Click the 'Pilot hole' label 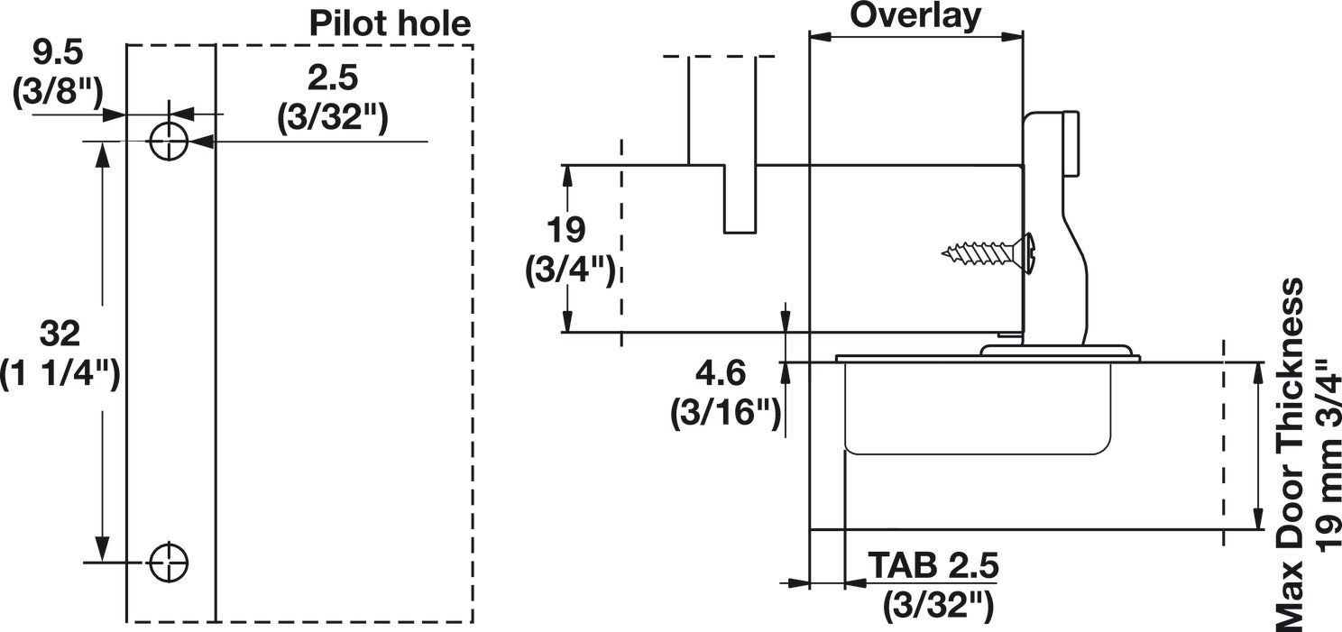390,23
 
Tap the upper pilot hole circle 169,142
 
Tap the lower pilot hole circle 169,563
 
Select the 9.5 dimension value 58,53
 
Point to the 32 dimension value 60,334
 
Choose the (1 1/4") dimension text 60,373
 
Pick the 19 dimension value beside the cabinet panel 567,230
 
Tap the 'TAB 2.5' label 933,566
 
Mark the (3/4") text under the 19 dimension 570,270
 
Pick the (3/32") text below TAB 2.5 938,605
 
